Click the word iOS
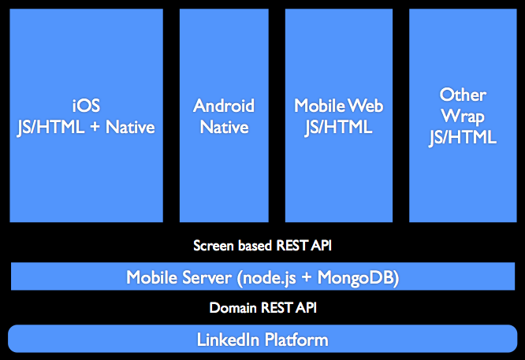click(86, 106)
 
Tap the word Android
click(224, 106)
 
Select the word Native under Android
click(225, 127)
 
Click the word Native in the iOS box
click(130, 127)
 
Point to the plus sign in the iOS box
click(95, 128)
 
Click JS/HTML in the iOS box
click(51, 128)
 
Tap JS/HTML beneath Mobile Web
click(338, 128)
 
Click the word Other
click(463, 95)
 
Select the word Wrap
click(463, 117)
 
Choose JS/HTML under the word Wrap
click(463, 138)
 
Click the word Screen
click(214, 246)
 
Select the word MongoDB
click(356, 278)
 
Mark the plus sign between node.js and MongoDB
click(307, 278)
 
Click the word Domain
click(233, 308)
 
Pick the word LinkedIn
click(228, 340)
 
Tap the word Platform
click(296, 340)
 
